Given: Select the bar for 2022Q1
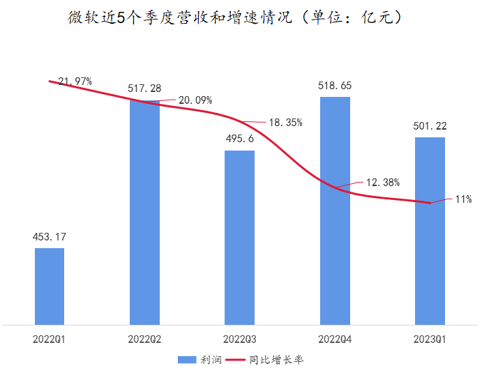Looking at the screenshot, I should point(50,286).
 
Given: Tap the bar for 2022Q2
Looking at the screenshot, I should point(144,213).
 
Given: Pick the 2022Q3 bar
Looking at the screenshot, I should point(239,238).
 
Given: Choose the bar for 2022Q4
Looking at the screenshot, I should point(335,211).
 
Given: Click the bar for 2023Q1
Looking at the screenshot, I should point(430,231).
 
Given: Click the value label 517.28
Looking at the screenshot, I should point(144,89).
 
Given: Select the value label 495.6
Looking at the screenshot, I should point(239,138).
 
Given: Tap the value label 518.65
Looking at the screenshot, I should point(335,85).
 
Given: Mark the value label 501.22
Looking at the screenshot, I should point(430,126).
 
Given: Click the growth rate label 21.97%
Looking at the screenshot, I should point(75,82).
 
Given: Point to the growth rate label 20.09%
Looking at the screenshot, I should point(195,100).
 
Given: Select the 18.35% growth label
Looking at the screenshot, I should point(285,123).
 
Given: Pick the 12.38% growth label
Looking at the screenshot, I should point(382,183).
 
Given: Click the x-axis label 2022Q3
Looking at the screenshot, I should point(239,339).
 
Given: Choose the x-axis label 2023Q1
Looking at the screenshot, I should point(430,339).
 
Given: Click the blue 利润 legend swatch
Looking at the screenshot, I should point(186,360).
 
